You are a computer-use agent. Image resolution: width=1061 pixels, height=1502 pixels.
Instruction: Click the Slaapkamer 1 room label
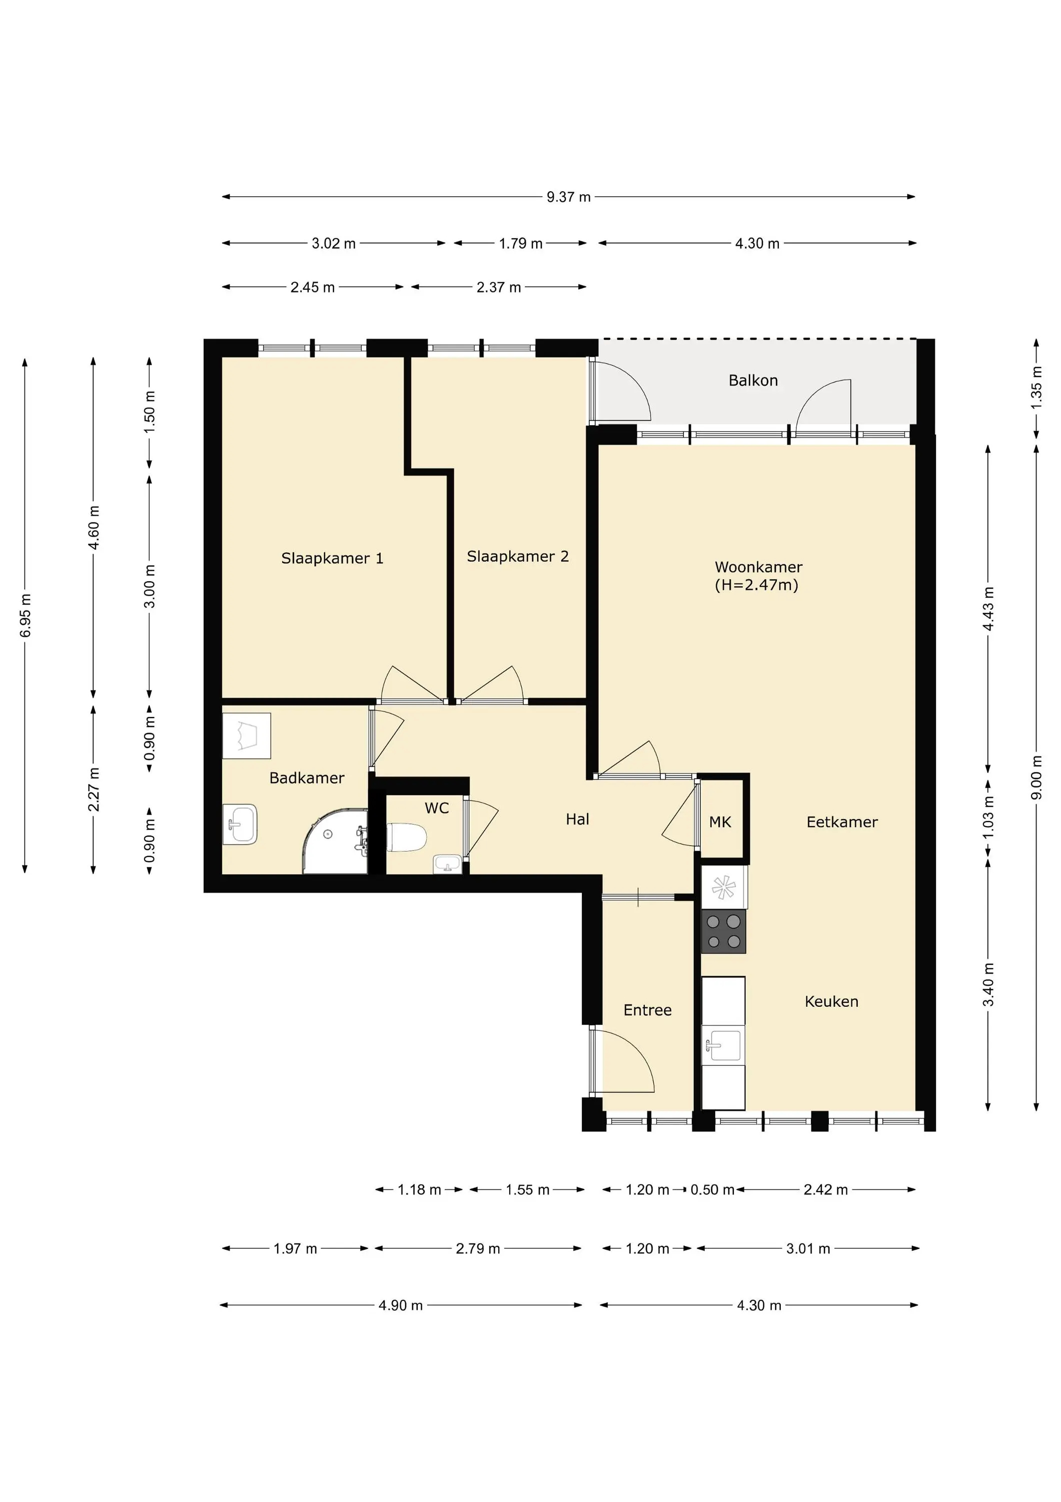[332, 558]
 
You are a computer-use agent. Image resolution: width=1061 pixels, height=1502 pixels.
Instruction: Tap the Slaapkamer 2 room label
[518, 556]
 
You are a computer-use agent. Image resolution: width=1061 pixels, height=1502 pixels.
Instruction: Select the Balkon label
[753, 380]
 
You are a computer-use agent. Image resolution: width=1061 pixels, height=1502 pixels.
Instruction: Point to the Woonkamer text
[758, 567]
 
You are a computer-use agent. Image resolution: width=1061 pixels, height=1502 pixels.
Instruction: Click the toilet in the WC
[407, 837]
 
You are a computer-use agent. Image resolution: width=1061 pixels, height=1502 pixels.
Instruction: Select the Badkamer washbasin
[240, 824]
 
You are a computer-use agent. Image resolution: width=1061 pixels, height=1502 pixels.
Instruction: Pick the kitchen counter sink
[723, 1045]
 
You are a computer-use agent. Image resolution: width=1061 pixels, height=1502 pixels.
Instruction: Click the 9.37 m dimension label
[569, 197]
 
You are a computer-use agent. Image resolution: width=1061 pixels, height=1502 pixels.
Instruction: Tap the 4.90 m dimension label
[401, 1305]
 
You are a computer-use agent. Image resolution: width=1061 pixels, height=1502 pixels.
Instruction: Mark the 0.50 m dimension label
[712, 1189]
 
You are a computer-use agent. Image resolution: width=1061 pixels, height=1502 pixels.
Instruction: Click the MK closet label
[720, 822]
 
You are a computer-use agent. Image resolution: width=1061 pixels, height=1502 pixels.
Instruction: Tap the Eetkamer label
[842, 822]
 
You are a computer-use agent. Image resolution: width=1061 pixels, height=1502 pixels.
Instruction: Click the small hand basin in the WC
[447, 864]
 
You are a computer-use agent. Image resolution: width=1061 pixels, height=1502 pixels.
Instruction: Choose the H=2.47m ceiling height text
[756, 585]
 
